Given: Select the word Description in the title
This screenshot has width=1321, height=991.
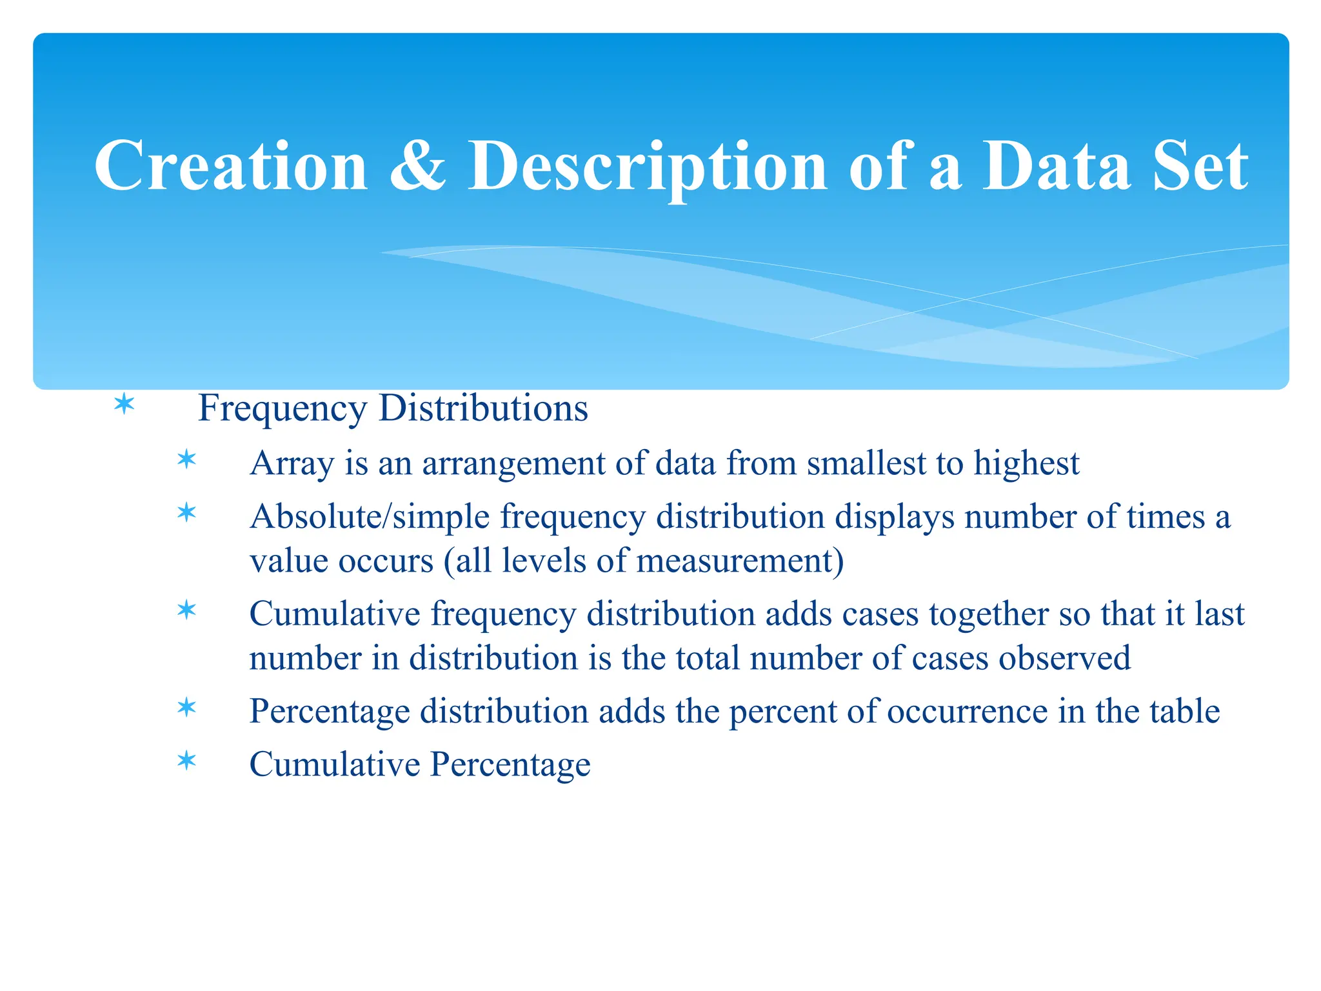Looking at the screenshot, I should [647, 168].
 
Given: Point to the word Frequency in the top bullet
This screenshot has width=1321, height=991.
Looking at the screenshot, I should [283, 409].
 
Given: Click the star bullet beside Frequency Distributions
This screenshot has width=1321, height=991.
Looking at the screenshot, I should [124, 405].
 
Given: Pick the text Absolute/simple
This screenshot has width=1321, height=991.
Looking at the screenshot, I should [370, 517].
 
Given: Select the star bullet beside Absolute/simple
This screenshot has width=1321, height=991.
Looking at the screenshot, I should [186, 514].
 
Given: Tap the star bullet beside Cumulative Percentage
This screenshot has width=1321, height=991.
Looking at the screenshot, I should [186, 761].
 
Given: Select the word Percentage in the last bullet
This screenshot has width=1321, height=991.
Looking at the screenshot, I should [510, 765].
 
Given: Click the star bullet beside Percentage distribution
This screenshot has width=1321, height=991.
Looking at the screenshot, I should [186, 708].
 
